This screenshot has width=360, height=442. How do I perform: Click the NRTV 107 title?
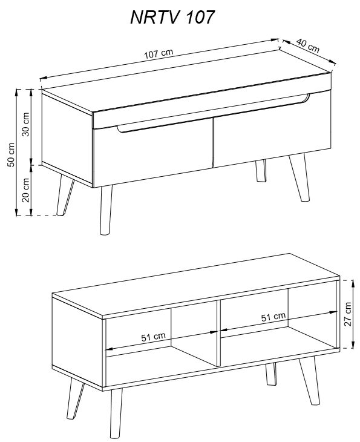coord(172,17)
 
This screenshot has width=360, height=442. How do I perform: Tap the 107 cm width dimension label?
coord(159,53)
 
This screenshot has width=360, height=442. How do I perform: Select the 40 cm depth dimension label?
coord(308,45)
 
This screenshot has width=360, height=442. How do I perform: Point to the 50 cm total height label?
coord(11,155)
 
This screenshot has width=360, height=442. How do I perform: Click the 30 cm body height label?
coord(25,124)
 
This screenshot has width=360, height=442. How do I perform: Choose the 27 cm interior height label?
coord(348,314)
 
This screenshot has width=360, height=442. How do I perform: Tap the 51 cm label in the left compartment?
coord(154,337)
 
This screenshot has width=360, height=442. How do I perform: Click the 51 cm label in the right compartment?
coord(273,317)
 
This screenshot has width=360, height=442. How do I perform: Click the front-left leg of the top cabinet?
coord(106,210)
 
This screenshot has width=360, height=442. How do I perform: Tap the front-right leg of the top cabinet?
coord(299,177)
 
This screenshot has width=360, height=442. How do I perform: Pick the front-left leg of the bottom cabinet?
coord(116,414)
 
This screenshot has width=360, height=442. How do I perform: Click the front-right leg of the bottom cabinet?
coord(310,381)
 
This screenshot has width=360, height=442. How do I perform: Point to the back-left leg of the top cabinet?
coord(65,195)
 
